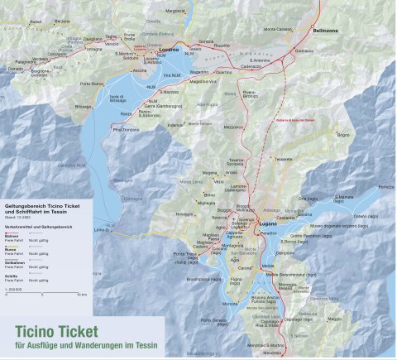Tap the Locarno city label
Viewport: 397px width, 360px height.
coord(169,50)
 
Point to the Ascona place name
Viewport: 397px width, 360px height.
coord(140,70)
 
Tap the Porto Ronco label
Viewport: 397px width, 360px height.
coord(92,84)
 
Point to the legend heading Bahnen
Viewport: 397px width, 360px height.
coord(11,237)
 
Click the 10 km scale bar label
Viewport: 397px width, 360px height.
coord(81,294)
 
